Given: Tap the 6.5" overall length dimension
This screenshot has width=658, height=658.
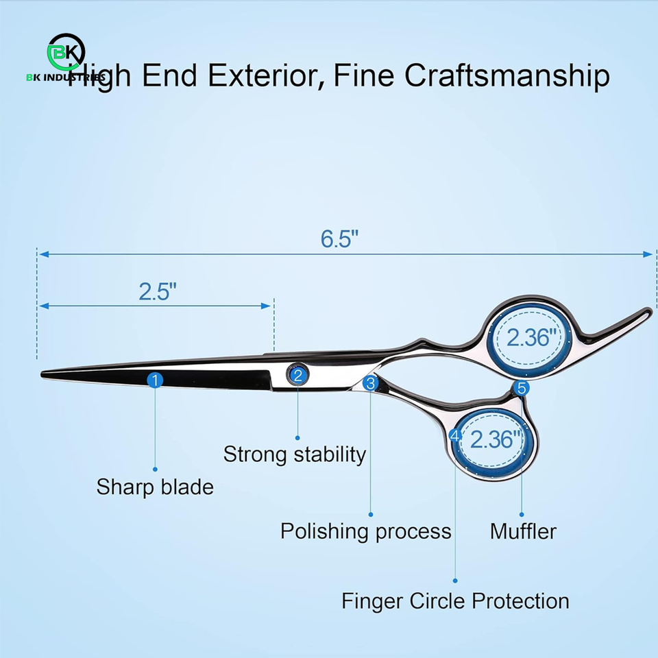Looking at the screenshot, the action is (340, 239).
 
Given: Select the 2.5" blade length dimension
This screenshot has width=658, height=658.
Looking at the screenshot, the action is (158, 291).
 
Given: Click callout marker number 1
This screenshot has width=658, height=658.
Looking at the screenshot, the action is (156, 380).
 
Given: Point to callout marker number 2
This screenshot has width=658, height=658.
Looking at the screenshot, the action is (297, 374).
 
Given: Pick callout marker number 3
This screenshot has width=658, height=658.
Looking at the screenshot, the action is (370, 384).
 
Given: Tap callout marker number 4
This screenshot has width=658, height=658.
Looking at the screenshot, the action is (454, 435).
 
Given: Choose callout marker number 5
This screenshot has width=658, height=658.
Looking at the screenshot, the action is (522, 389).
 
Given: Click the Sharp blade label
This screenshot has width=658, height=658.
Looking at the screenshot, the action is (155, 487).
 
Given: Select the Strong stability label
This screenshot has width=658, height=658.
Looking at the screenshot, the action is (295, 454).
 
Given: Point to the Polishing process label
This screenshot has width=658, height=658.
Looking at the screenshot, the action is (366, 531).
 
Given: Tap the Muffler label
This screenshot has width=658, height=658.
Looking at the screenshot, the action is (523, 531).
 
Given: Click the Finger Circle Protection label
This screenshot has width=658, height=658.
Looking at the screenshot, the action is (455, 601).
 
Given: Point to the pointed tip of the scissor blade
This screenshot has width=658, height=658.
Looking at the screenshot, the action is (43, 374).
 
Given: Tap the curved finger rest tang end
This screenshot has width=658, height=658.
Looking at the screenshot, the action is (644, 312).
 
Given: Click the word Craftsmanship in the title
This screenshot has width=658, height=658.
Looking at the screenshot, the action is (507, 75).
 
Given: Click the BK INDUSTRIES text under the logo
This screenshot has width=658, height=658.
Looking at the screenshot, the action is (66, 77).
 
